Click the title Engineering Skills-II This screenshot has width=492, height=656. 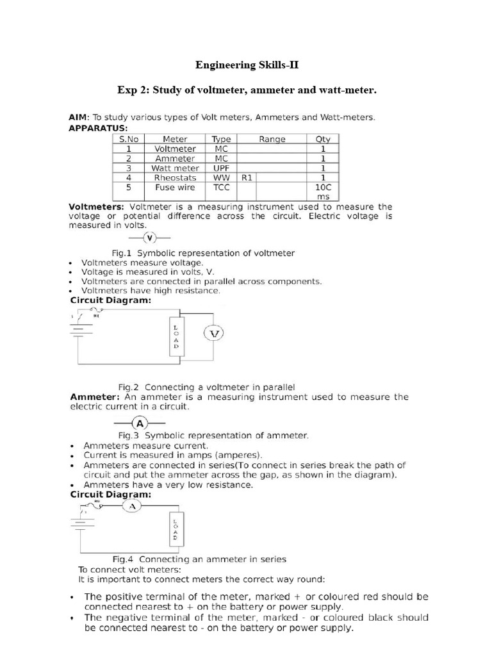point(246,65)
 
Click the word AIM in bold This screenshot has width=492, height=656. point(79,117)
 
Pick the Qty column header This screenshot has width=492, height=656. point(323,139)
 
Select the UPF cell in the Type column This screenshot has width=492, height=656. point(221,168)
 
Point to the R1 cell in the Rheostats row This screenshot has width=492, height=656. point(247,177)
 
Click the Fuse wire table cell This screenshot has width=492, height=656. point(175,187)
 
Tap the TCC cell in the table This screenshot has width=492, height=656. point(221,187)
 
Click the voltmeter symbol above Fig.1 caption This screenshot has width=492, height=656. point(149,238)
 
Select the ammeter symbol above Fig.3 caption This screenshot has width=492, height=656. point(140,423)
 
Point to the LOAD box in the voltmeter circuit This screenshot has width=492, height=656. point(177,336)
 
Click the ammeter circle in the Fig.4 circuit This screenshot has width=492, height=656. point(132,506)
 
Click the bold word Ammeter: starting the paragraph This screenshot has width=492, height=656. point(95,397)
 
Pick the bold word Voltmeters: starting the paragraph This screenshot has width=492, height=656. point(97,207)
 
